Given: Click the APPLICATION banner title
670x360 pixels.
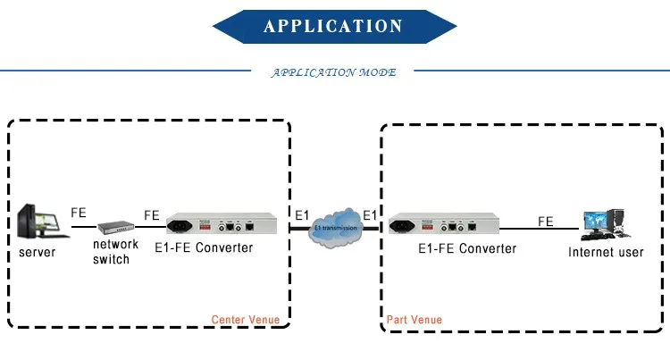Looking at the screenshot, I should click(334, 26).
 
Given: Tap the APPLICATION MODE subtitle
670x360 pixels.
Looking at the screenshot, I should click(333, 72).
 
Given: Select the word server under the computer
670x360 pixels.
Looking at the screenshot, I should click(38, 253).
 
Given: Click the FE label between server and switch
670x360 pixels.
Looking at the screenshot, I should click(79, 214).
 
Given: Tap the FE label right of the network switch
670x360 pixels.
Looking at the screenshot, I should click(152, 215).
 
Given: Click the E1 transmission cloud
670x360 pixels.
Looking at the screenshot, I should click(335, 227).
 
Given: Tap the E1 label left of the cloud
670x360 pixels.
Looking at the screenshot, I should click(303, 214).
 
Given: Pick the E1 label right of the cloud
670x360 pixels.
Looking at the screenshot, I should click(370, 214).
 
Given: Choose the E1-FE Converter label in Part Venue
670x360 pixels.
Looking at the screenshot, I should click(467, 248).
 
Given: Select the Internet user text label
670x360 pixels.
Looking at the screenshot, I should click(606, 253).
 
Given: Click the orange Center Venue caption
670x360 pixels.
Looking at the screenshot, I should click(245, 319).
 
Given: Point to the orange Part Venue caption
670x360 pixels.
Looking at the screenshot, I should click(414, 319).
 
